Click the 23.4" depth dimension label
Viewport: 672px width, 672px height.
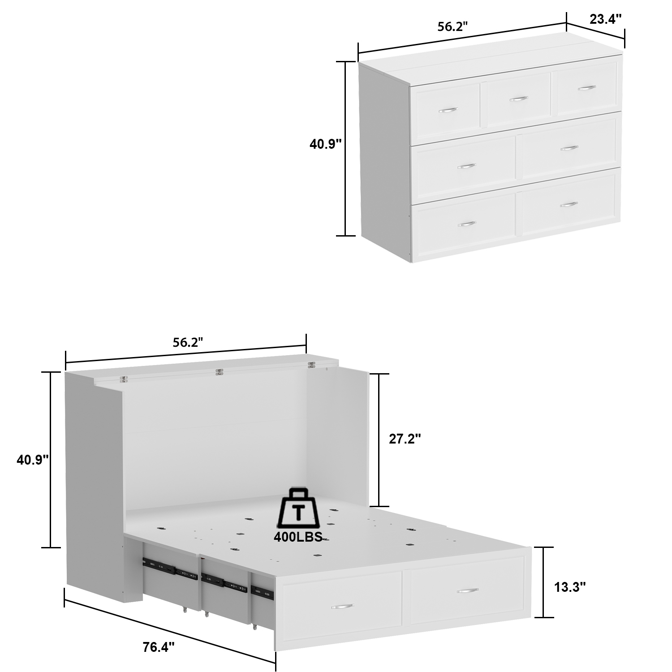(605, 19)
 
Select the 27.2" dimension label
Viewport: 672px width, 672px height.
(405, 439)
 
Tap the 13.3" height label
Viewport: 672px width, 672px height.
(570, 587)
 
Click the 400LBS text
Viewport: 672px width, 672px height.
(298, 537)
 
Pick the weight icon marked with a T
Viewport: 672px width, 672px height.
(297, 508)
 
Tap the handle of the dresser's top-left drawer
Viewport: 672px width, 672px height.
(448, 110)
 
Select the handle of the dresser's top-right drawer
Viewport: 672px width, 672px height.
(586, 88)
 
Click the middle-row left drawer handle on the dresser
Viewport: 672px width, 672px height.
(466, 166)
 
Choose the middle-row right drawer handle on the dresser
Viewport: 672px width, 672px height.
(569, 148)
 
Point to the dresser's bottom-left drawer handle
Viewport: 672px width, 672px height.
(466, 224)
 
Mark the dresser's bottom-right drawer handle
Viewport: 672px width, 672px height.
(569, 205)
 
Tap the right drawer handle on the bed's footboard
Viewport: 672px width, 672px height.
(467, 591)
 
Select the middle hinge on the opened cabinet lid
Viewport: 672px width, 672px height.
(219, 372)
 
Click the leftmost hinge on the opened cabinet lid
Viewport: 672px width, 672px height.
(123, 379)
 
